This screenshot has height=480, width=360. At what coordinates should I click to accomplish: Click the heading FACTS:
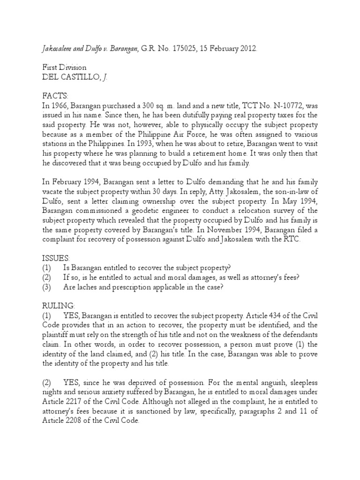click(x=55, y=97)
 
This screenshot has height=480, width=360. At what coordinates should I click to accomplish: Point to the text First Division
click(x=64, y=67)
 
